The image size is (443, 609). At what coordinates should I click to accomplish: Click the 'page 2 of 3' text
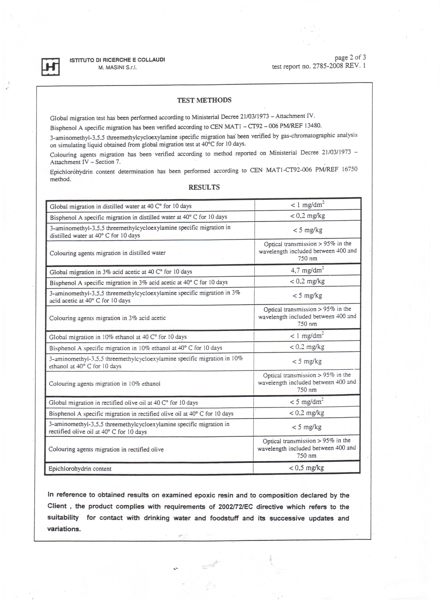[350, 57]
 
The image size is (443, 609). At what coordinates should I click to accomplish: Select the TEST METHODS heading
[204, 100]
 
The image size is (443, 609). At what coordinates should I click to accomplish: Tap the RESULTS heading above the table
[204, 187]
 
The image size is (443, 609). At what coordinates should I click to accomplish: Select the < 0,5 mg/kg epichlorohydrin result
[306, 468]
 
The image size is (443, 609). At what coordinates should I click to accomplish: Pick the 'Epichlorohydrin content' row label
[80, 469]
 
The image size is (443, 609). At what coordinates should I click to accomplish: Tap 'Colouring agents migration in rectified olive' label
[106, 450]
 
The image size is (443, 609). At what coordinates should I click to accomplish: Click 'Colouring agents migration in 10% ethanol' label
[105, 384]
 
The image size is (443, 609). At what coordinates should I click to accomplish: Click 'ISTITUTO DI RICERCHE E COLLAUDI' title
[117, 60]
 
